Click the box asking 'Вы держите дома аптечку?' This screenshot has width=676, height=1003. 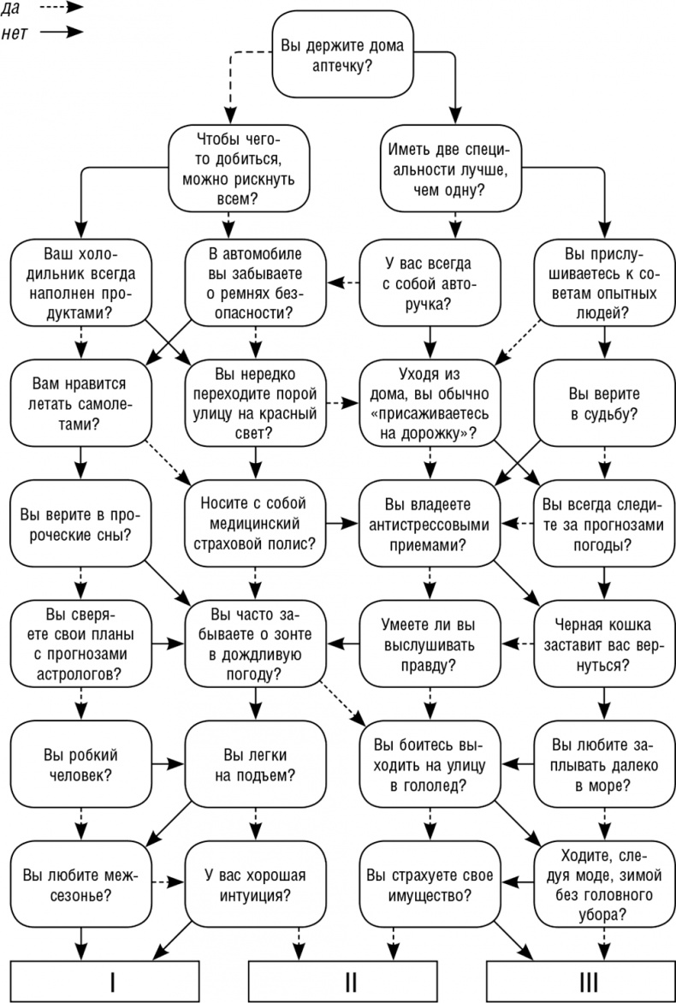coord(338,55)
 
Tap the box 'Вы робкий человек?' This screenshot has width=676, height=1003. coord(81,764)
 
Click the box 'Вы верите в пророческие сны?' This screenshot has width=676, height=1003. coord(81,524)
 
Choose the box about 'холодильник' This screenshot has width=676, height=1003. coord(81,282)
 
